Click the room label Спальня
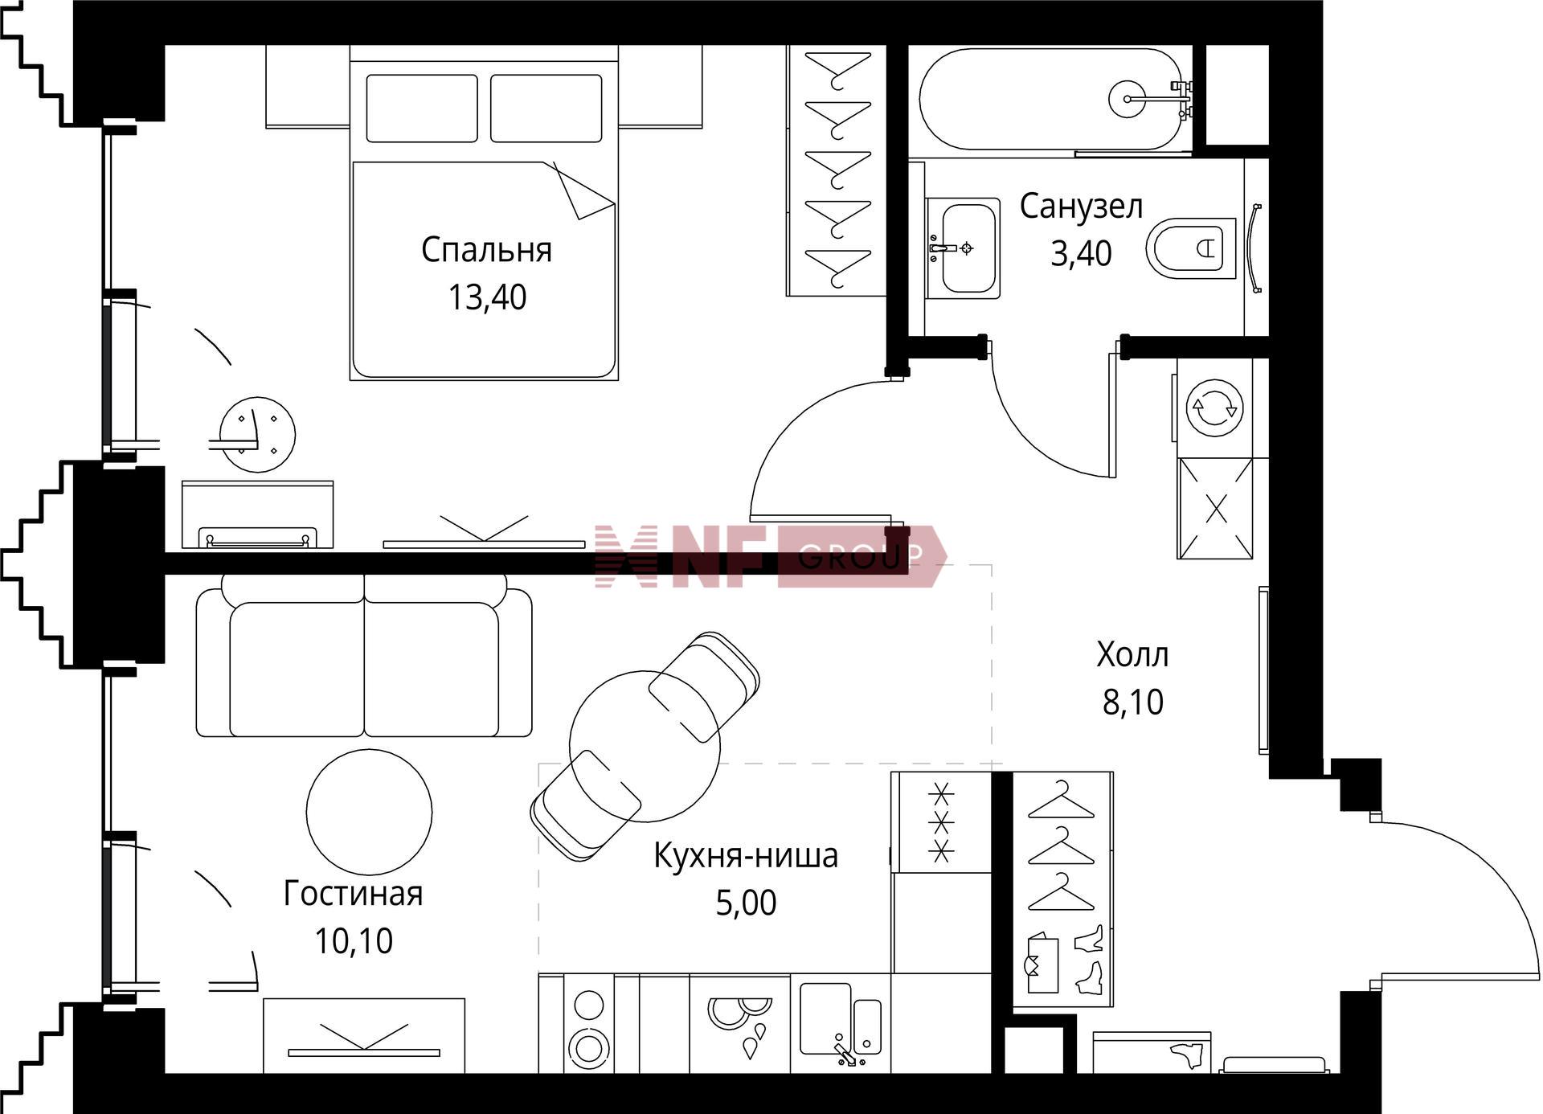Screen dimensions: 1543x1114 coord(486,250)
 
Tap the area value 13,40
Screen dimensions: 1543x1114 coord(487,297)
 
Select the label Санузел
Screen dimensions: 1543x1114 coord(1081,207)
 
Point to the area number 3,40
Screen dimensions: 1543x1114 coord(1081,253)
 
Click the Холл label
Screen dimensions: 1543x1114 coord(1132,655)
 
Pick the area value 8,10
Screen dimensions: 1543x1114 coord(1133,702)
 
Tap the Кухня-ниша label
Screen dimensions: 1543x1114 coord(746,855)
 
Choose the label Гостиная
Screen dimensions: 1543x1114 coord(353,894)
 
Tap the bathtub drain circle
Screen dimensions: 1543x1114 coord(1127,99)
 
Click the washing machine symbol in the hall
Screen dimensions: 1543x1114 coord(1214,408)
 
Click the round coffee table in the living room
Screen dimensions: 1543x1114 coord(369,813)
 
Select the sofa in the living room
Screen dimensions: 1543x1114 coord(364,656)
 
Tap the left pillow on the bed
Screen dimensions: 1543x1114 coord(422,109)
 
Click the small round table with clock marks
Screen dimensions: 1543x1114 coord(257,435)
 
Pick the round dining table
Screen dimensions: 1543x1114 coord(645,746)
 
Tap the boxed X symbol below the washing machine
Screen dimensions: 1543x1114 coord(1215,508)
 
